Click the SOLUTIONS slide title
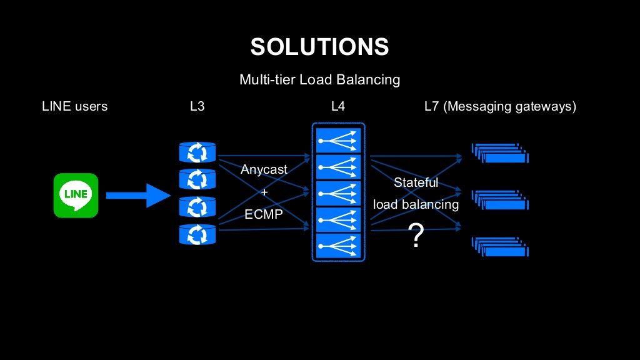[x=319, y=46]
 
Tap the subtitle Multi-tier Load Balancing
[x=319, y=79]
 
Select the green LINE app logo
[x=76, y=196]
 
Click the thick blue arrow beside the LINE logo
[x=138, y=196]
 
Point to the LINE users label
[x=75, y=106]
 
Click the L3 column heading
[x=197, y=106]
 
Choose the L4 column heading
[x=338, y=106]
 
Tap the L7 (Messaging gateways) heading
[x=501, y=106]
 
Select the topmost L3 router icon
[x=197, y=152]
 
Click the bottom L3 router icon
[x=197, y=235]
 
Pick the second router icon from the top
[x=197, y=179]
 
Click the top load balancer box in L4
[x=338, y=141]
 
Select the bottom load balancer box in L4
[x=338, y=246]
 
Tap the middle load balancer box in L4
[x=338, y=194]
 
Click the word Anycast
[x=264, y=169]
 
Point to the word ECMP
[x=264, y=214]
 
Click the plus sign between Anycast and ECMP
[x=264, y=192]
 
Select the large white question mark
[x=416, y=235]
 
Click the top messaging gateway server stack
[x=500, y=153]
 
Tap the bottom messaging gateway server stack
[x=500, y=246]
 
